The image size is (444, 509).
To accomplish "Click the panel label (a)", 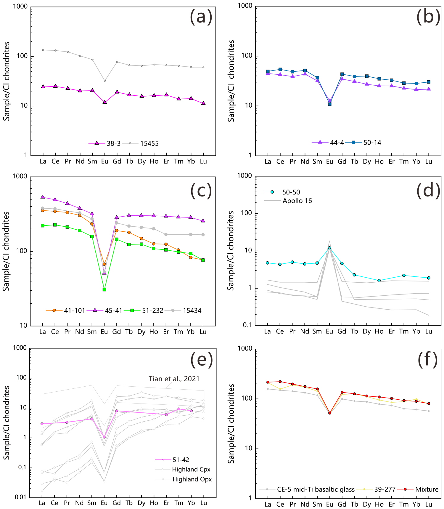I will (x=201, y=17).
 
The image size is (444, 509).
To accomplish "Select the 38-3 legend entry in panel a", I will (x=113, y=143).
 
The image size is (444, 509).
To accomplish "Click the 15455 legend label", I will (x=149, y=143).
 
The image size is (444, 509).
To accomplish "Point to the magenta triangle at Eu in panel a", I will (x=104, y=102).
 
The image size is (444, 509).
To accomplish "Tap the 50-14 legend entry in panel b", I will (x=372, y=143).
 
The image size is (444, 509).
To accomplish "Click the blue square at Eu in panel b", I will (x=330, y=104).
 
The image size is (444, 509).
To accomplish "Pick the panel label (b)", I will (x=428, y=17).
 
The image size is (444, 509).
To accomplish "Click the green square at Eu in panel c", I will (x=104, y=289).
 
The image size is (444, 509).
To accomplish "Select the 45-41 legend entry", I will (x=113, y=310).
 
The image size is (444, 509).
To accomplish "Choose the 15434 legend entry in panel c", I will (x=192, y=310).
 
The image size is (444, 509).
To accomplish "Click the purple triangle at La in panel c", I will (x=43, y=197).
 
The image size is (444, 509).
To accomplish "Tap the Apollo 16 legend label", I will (x=297, y=201).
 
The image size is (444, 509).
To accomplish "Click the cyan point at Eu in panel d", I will (x=329, y=248).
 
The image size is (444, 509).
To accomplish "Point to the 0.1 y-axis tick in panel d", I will (x=247, y=325).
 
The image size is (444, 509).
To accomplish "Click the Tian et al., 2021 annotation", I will (x=174, y=379).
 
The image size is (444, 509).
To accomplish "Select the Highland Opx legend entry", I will (x=192, y=479).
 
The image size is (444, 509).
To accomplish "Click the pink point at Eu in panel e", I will (x=104, y=437).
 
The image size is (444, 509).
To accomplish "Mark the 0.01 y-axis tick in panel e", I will (x=21, y=497).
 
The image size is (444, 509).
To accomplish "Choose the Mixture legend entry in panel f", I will (x=427, y=489).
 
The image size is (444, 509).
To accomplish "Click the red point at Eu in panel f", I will (x=330, y=413).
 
